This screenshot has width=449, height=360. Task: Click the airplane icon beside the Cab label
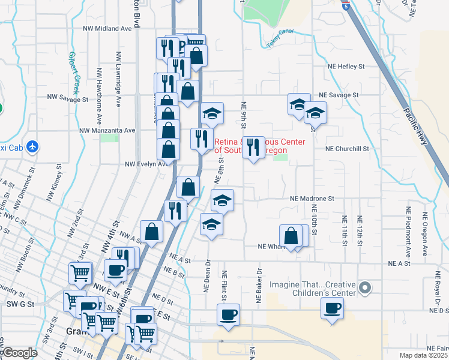(x=32, y=146)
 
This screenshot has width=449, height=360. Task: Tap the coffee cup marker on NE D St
(x=332, y=309)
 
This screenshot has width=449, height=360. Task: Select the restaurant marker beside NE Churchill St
(x=253, y=147)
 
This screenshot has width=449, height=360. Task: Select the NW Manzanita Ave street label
(x=107, y=130)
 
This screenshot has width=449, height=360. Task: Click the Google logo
(x=20, y=353)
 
